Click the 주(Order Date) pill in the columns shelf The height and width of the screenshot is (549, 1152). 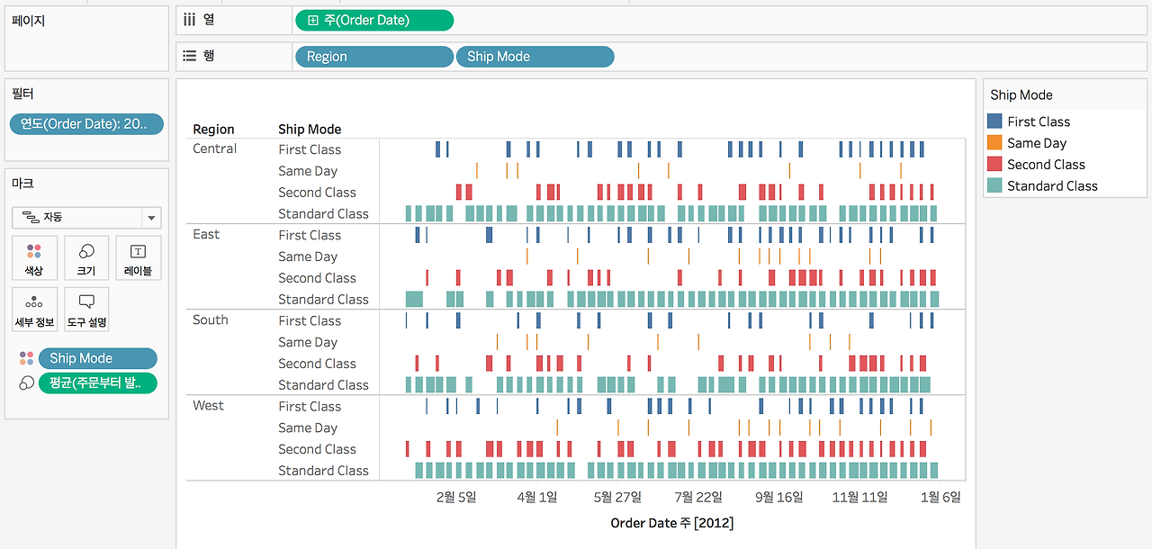pyautogui.click(x=374, y=21)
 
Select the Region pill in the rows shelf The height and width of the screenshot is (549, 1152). pyautogui.click(x=374, y=57)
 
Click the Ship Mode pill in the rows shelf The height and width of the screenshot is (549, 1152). pyautogui.click(x=535, y=57)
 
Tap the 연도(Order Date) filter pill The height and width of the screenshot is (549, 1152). pyautogui.click(x=86, y=124)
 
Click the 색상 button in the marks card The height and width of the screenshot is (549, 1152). pyautogui.click(x=34, y=258)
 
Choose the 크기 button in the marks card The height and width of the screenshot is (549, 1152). pyautogui.click(x=86, y=258)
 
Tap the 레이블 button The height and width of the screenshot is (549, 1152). pyautogui.click(x=139, y=258)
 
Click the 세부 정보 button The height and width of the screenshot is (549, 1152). pyautogui.click(x=34, y=310)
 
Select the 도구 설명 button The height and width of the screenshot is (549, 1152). pyautogui.click(x=86, y=310)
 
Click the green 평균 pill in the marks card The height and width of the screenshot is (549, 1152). pyautogui.click(x=98, y=383)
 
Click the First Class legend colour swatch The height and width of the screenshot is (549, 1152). pyautogui.click(x=994, y=121)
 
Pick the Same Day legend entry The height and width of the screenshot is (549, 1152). pyautogui.click(x=1037, y=143)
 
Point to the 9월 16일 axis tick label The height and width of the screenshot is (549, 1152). pyautogui.click(x=778, y=497)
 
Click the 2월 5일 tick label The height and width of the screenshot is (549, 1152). pyautogui.click(x=456, y=497)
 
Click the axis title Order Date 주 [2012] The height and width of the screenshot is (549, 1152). pyautogui.click(x=671, y=523)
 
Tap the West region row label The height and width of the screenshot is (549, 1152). pyautogui.click(x=208, y=406)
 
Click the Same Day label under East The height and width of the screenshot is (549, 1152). pyautogui.click(x=308, y=256)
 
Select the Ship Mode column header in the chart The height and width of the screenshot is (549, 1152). pyautogui.click(x=310, y=129)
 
